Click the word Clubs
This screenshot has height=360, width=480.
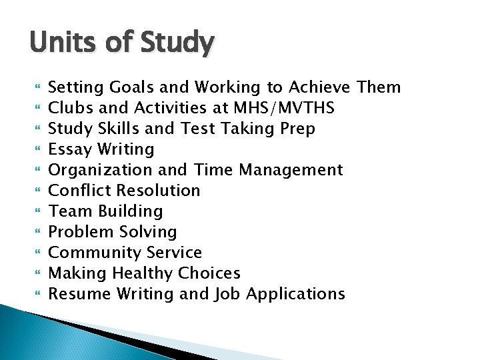[70, 108]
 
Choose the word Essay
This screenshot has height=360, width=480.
[71, 149]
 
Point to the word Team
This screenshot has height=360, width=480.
[69, 211]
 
